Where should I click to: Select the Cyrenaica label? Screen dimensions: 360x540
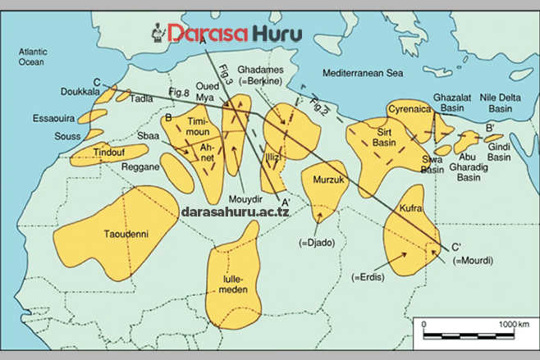(x=409, y=107)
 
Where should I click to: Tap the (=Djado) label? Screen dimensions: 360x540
(x=316, y=243)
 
